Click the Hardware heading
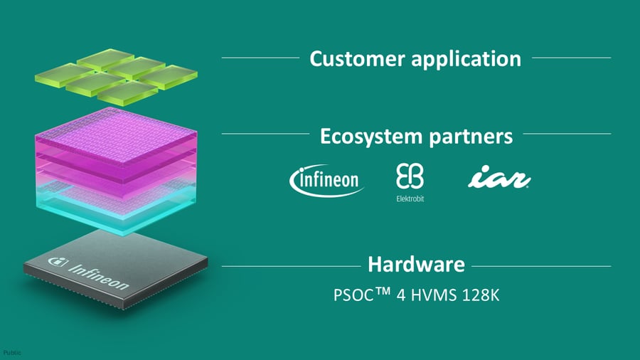click(416, 265)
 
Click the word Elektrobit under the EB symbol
click(410, 198)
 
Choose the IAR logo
click(498, 179)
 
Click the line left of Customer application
click(260, 58)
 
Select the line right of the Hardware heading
click(540, 266)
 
